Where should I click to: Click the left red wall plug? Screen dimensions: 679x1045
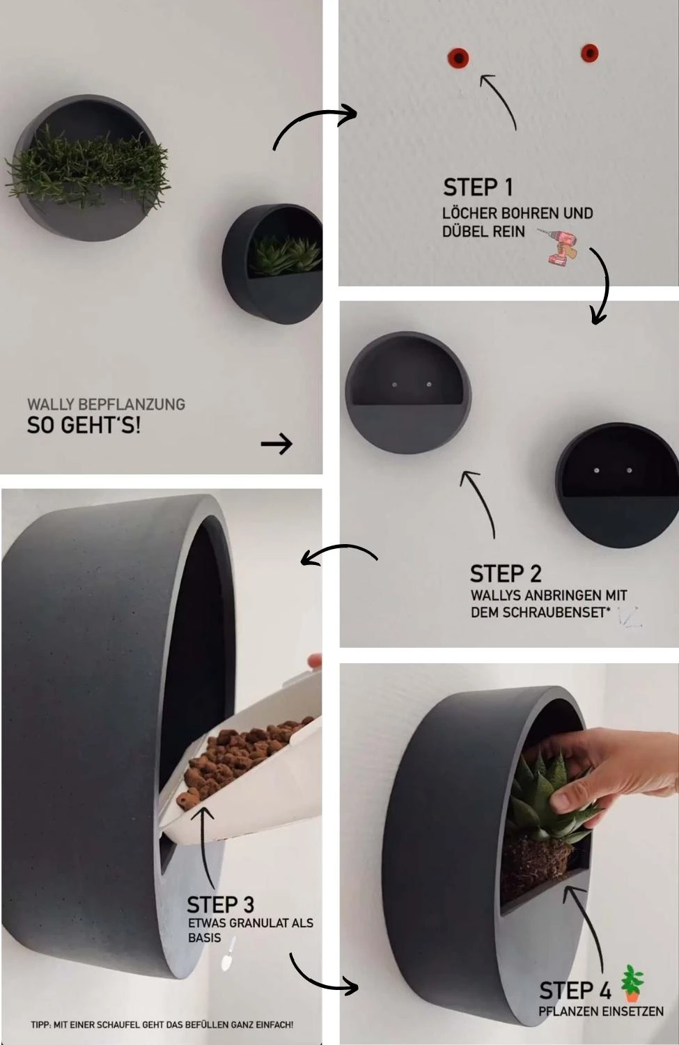click(458, 57)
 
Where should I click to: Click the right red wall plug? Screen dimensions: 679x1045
click(590, 53)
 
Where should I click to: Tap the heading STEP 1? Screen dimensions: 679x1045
click(478, 187)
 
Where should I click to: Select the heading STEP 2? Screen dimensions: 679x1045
click(506, 574)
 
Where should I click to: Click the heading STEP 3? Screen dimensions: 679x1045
click(221, 906)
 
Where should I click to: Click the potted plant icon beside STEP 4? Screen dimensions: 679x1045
click(632, 983)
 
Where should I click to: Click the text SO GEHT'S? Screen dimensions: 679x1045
click(84, 425)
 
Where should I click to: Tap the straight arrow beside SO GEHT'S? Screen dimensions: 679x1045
click(276, 444)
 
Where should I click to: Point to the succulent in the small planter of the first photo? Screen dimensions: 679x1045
click(286, 255)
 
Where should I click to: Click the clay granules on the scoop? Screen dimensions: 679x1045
click(242, 750)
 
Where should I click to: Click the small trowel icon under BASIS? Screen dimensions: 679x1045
click(228, 955)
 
